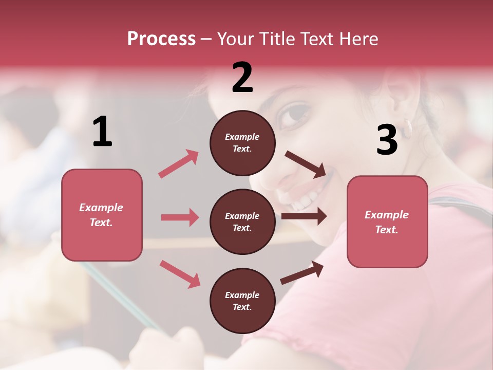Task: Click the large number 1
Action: (x=102, y=132)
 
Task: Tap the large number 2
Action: (x=242, y=78)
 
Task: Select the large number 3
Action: (x=387, y=140)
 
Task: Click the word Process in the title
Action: (x=161, y=39)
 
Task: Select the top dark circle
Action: (x=242, y=143)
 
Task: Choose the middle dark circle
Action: (x=242, y=221)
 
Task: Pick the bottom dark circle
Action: (x=242, y=301)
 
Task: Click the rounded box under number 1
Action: (x=102, y=215)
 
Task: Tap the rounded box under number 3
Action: (x=387, y=221)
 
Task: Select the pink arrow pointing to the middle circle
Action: (x=180, y=217)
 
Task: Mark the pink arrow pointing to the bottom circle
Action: (x=180, y=274)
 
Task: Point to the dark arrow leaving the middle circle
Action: (x=304, y=216)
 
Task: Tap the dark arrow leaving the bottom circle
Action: (x=302, y=272)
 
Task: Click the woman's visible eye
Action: (x=295, y=114)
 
